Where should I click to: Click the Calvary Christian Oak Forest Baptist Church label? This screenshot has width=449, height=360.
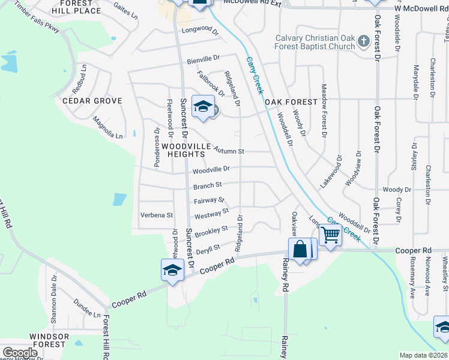pyautogui.click(x=315, y=42)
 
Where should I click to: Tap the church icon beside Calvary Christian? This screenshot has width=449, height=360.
pyautogui.click(x=363, y=42)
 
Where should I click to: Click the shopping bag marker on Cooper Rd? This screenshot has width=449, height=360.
pyautogui.click(x=300, y=248)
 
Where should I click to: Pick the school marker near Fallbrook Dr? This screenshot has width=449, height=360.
pyautogui.click(x=203, y=107)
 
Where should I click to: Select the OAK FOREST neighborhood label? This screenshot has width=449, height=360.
pyautogui.click(x=291, y=102)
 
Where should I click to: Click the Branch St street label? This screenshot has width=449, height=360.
pyautogui.click(x=208, y=185)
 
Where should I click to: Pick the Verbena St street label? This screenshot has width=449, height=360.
pyautogui.click(x=156, y=215)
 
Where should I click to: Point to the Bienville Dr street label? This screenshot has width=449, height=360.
pyautogui.click(x=203, y=59)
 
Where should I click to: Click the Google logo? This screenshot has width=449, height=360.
pyautogui.click(x=20, y=353)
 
